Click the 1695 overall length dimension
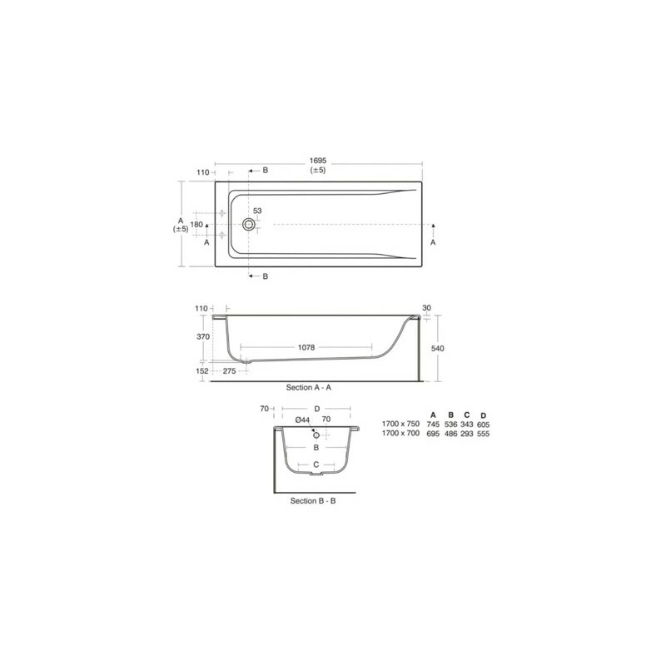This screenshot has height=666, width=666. (x=318, y=161)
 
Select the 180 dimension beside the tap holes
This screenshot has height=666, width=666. (x=196, y=224)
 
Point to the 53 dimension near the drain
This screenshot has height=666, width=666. (x=257, y=211)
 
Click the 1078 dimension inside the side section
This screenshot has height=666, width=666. (x=306, y=347)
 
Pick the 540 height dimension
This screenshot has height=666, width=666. (x=438, y=348)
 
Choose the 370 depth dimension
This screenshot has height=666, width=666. (x=203, y=336)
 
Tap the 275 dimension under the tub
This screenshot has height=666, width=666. (x=230, y=370)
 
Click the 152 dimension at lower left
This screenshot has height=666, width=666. (x=202, y=370)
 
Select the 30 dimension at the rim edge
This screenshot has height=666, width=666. (x=427, y=308)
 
